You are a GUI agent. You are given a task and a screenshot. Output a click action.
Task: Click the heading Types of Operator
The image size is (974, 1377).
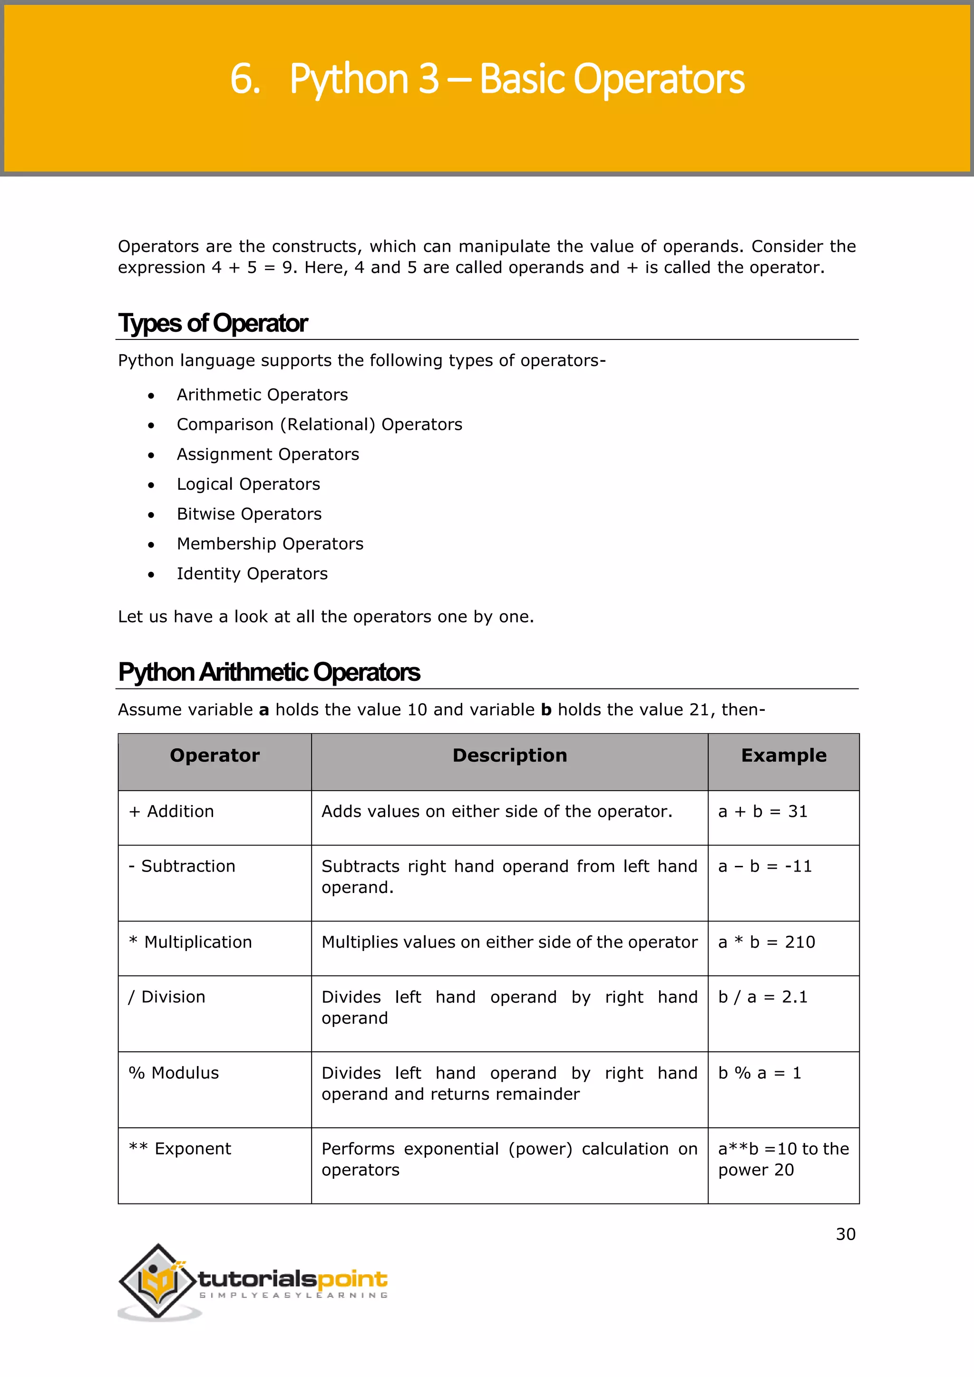pyautogui.click(x=213, y=323)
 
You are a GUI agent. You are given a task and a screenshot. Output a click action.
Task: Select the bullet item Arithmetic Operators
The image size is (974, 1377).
pyautogui.click(x=262, y=395)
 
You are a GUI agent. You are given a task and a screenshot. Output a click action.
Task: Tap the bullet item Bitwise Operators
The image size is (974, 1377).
pyautogui.click(x=249, y=514)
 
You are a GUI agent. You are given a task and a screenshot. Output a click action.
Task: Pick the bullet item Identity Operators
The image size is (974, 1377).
pyautogui.click(x=252, y=574)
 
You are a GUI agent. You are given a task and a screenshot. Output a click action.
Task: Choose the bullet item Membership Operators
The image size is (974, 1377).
pyautogui.click(x=270, y=544)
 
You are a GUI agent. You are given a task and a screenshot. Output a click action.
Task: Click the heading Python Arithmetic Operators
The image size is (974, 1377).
pyautogui.click(x=269, y=672)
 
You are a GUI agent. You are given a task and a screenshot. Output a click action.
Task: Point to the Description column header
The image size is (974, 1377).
pyautogui.click(x=509, y=755)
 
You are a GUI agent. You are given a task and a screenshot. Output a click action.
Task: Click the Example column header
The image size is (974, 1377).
pyautogui.click(x=783, y=755)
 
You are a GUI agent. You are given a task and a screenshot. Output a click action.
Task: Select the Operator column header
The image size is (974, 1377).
pyautogui.click(x=214, y=755)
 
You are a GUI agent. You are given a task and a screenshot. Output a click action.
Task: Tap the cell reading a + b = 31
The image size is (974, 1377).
pyautogui.click(x=762, y=812)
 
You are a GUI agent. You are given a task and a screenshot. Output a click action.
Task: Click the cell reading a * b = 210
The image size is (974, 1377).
pyautogui.click(x=767, y=942)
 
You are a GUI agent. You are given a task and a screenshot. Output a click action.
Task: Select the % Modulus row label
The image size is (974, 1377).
pyautogui.click(x=174, y=1073)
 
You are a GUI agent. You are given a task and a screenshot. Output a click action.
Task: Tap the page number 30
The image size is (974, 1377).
pyautogui.click(x=845, y=1234)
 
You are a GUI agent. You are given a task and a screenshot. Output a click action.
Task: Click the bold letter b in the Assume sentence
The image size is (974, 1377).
pyautogui.click(x=546, y=710)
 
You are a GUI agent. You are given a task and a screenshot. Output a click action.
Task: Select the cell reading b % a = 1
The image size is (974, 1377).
pyautogui.click(x=760, y=1073)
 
